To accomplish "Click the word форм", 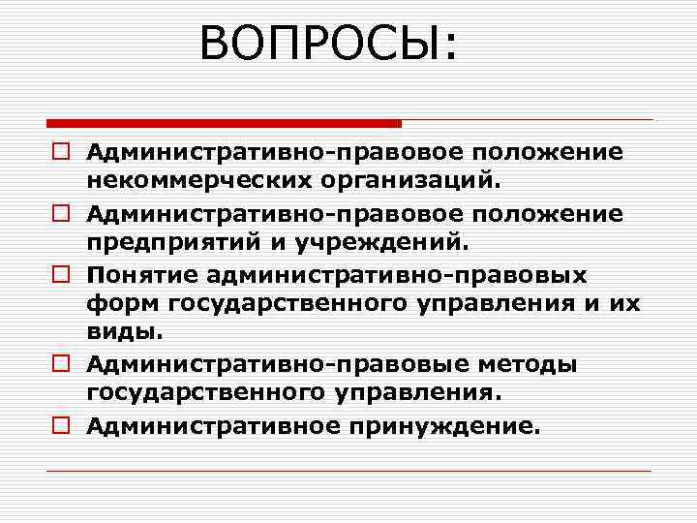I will [123, 304].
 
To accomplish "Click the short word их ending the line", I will [625, 304].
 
